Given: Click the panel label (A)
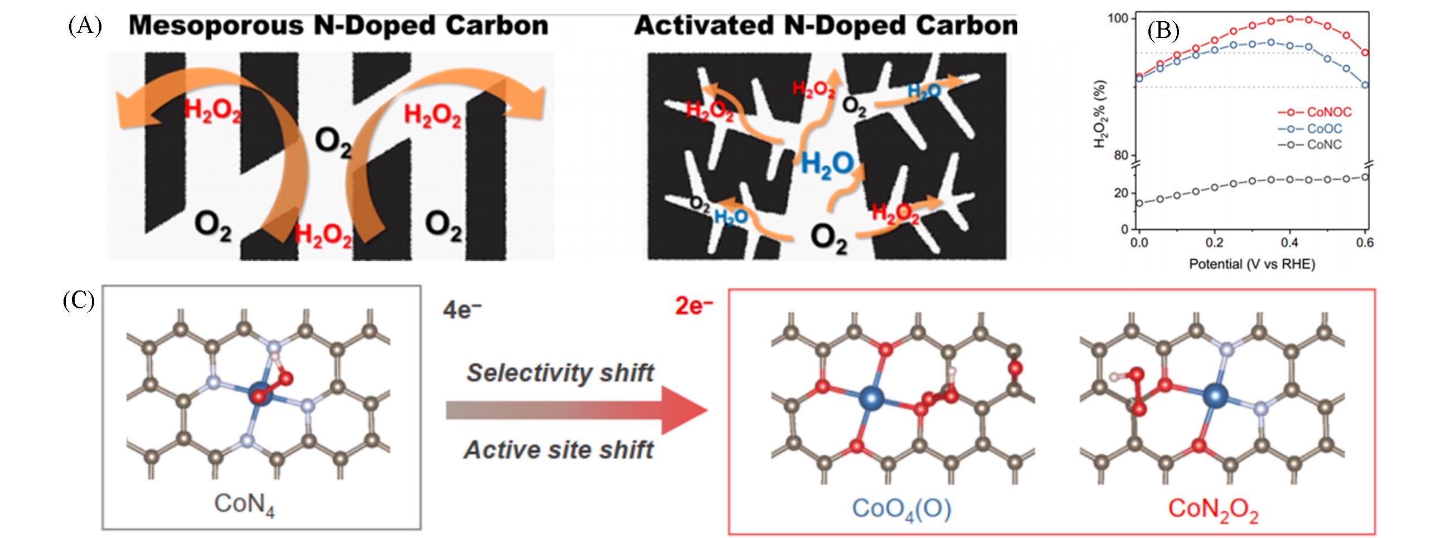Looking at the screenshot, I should (85, 26).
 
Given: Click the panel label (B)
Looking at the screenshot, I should (1163, 31).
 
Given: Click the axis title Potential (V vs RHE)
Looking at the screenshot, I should (1252, 264).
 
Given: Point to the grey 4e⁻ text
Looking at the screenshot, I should (461, 309).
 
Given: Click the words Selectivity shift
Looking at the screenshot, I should (560, 372).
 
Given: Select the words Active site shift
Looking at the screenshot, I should (559, 449).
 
